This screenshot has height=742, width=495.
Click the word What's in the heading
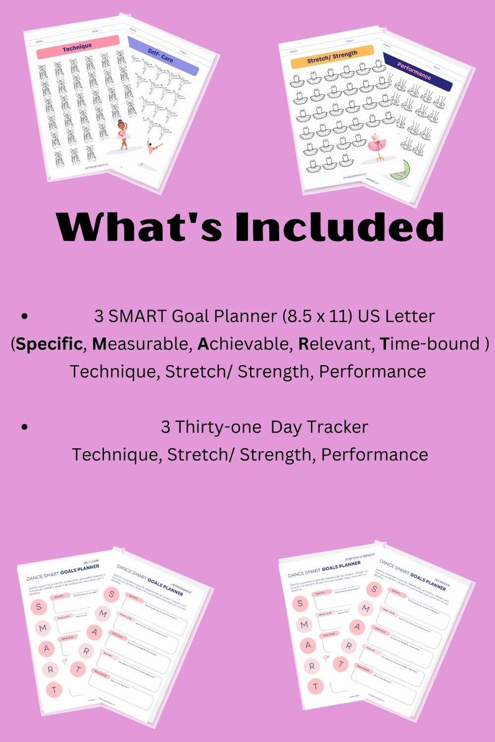point(139,227)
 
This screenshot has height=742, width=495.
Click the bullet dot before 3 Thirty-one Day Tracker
point(24,427)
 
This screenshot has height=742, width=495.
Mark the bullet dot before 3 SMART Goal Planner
point(24,316)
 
